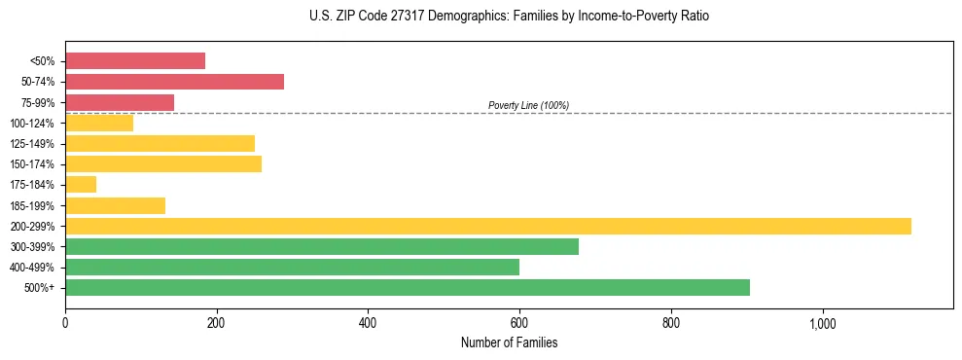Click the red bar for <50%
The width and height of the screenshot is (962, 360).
135,60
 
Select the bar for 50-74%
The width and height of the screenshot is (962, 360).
174,82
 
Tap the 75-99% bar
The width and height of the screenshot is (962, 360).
120,102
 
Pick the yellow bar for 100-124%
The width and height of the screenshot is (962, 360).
99,123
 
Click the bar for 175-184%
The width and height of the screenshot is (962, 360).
81,185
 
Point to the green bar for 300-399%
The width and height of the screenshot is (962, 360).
322,246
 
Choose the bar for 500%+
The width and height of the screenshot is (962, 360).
408,287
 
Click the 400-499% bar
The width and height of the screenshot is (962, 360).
292,267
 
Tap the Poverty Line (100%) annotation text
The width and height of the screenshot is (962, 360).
528,105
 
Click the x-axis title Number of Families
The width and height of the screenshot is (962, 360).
509,342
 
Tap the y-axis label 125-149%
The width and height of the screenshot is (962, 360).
32,144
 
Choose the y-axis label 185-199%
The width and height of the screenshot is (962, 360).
32,206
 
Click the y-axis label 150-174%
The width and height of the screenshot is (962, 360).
32,164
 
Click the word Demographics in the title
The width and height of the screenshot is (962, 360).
439,17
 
